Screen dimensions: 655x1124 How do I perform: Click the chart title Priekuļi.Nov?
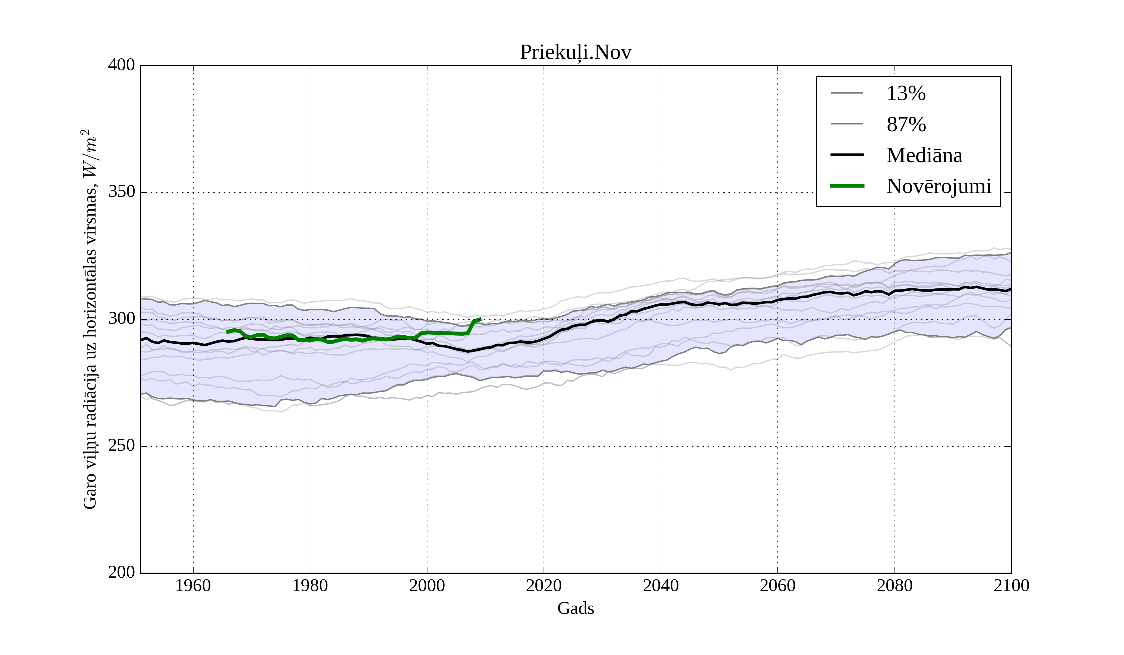click(x=575, y=53)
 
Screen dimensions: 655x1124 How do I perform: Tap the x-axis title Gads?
click(x=575, y=608)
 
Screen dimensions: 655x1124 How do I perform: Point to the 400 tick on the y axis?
click(x=121, y=65)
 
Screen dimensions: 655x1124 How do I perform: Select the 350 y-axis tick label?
click(x=121, y=192)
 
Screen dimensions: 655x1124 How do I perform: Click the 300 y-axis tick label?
click(x=121, y=319)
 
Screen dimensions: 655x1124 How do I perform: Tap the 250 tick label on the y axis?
click(x=121, y=446)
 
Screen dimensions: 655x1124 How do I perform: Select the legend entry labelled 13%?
click(x=906, y=94)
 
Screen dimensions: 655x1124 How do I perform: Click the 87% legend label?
click(x=906, y=124)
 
